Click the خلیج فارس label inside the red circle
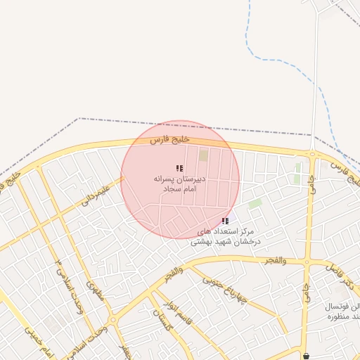pos(169,140)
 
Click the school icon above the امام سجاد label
pos(179,169)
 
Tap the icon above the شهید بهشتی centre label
pos(224,221)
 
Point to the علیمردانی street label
pos(96,193)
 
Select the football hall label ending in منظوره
pos(342,312)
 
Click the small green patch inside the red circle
pos(203,155)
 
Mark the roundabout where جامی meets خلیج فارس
pos(311,154)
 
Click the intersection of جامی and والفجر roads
pos(307,262)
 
